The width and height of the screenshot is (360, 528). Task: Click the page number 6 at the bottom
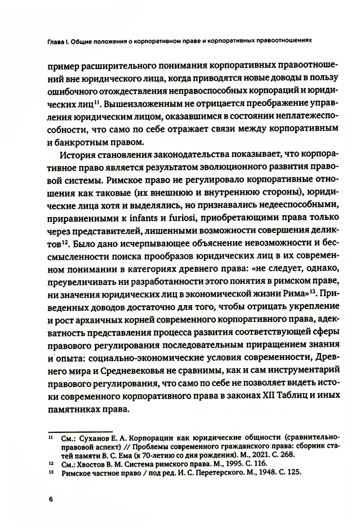(50, 499)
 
